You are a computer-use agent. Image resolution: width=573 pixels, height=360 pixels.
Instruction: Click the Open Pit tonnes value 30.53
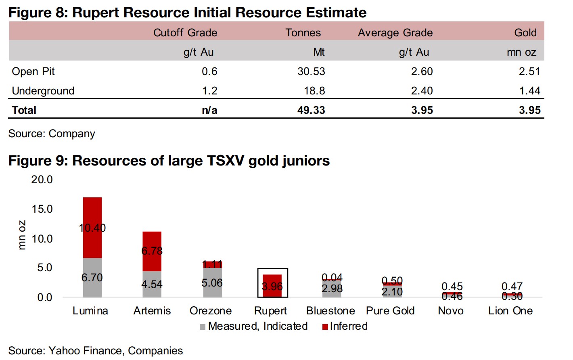coord(311,71)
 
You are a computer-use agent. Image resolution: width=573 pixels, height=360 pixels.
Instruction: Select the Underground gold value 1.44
coord(529,91)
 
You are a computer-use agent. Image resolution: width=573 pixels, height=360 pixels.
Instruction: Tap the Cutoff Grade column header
coord(185,33)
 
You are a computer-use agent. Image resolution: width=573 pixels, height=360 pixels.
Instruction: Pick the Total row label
coord(24,110)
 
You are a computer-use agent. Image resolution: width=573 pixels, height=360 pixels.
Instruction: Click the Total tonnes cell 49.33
coord(311,110)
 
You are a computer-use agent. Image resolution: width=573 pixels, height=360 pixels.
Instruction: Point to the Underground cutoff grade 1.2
coord(209,91)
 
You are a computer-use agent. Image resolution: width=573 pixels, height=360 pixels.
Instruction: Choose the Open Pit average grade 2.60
coord(422,71)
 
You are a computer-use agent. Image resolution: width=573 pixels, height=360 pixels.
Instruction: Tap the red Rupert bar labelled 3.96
coord(272,286)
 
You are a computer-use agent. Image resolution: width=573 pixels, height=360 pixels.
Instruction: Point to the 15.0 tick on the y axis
coord(42,209)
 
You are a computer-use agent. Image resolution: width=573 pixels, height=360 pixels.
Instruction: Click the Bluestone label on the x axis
coord(330,311)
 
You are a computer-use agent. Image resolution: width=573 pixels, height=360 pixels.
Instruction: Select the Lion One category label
coord(510,311)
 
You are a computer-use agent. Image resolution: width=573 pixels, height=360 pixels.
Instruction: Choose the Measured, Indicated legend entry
coord(254,326)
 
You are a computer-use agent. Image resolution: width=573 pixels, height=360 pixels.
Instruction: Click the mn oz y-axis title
coord(22,235)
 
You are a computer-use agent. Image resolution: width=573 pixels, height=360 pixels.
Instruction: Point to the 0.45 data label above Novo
coord(452,286)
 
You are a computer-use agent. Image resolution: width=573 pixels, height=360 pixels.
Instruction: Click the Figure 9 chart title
coord(169,161)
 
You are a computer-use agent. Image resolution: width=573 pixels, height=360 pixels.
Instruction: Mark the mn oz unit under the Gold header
coord(521,52)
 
